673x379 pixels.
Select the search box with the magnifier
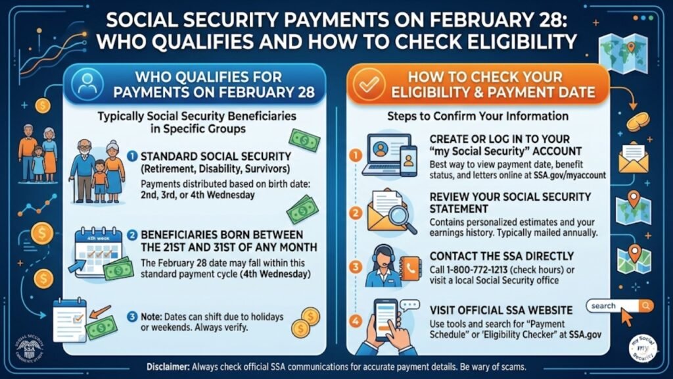620,306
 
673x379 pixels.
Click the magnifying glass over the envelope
403,218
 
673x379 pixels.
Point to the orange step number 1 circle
356,157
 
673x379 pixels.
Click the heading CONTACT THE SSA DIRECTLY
501,256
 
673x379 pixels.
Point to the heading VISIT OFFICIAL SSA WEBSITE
501,310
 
